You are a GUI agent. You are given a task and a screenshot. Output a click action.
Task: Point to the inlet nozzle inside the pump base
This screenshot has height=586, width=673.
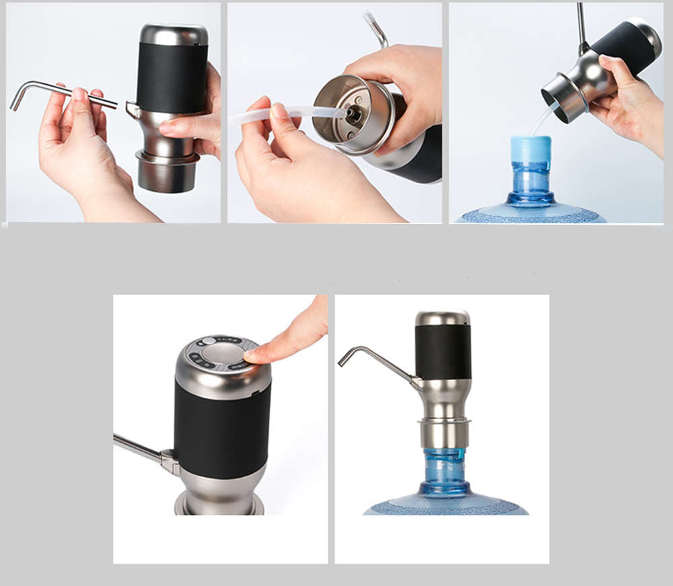353,113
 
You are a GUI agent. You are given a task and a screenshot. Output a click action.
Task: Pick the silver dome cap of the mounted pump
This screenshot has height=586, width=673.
442,318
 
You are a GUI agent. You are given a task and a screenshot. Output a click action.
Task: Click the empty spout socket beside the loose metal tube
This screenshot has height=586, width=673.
132,108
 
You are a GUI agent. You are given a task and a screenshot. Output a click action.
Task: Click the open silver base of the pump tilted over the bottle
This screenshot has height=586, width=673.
563,97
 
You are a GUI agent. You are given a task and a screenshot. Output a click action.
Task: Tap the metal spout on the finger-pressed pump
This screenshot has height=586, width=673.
138,448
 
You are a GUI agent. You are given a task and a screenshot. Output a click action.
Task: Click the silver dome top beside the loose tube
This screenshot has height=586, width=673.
174,34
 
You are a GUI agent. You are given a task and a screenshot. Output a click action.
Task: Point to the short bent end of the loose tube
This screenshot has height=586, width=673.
17,98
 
